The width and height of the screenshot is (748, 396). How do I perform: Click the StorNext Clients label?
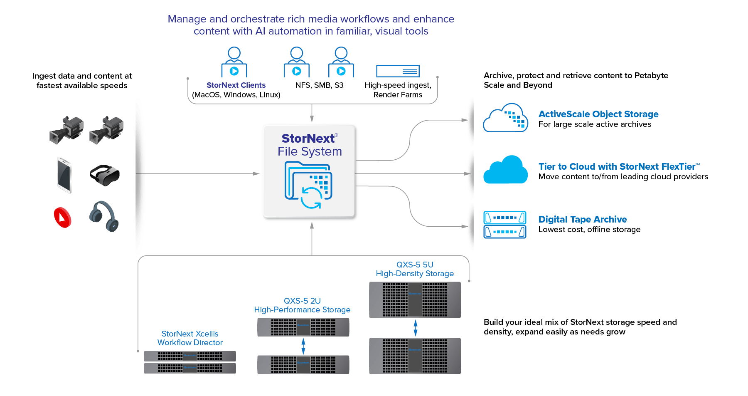pyautogui.click(x=236, y=85)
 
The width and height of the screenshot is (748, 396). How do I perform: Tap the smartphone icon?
pyautogui.click(x=64, y=175)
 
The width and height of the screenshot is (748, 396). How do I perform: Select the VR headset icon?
pyautogui.click(x=104, y=175)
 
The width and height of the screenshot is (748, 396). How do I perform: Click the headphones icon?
pyautogui.click(x=104, y=216)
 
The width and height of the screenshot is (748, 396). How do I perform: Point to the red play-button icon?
pyautogui.click(x=63, y=217)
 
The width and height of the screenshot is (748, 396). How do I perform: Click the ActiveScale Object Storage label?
pyautogui.click(x=598, y=114)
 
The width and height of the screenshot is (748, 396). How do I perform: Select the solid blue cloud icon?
pyautogui.click(x=505, y=170)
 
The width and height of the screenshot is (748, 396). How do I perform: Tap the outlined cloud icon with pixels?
pyautogui.click(x=505, y=118)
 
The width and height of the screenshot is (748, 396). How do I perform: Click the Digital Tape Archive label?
pyautogui.click(x=583, y=220)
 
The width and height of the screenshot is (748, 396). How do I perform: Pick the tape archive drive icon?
pyautogui.click(x=505, y=225)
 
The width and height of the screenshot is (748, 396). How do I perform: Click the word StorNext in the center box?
pyautogui.click(x=308, y=139)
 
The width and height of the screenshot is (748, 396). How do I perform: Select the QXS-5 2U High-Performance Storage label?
pyautogui.click(x=302, y=305)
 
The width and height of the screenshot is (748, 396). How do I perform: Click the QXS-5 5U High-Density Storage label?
pyautogui.click(x=415, y=269)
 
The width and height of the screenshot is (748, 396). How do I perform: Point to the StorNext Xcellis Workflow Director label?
pyautogui.click(x=190, y=338)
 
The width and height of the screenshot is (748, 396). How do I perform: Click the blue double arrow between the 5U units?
pyautogui.click(x=416, y=328)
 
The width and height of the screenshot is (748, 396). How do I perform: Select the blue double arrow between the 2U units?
pyautogui.click(x=303, y=346)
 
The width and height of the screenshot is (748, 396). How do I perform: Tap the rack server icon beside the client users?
pyautogui.click(x=398, y=71)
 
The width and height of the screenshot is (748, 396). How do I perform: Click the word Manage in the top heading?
pyautogui.click(x=187, y=19)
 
